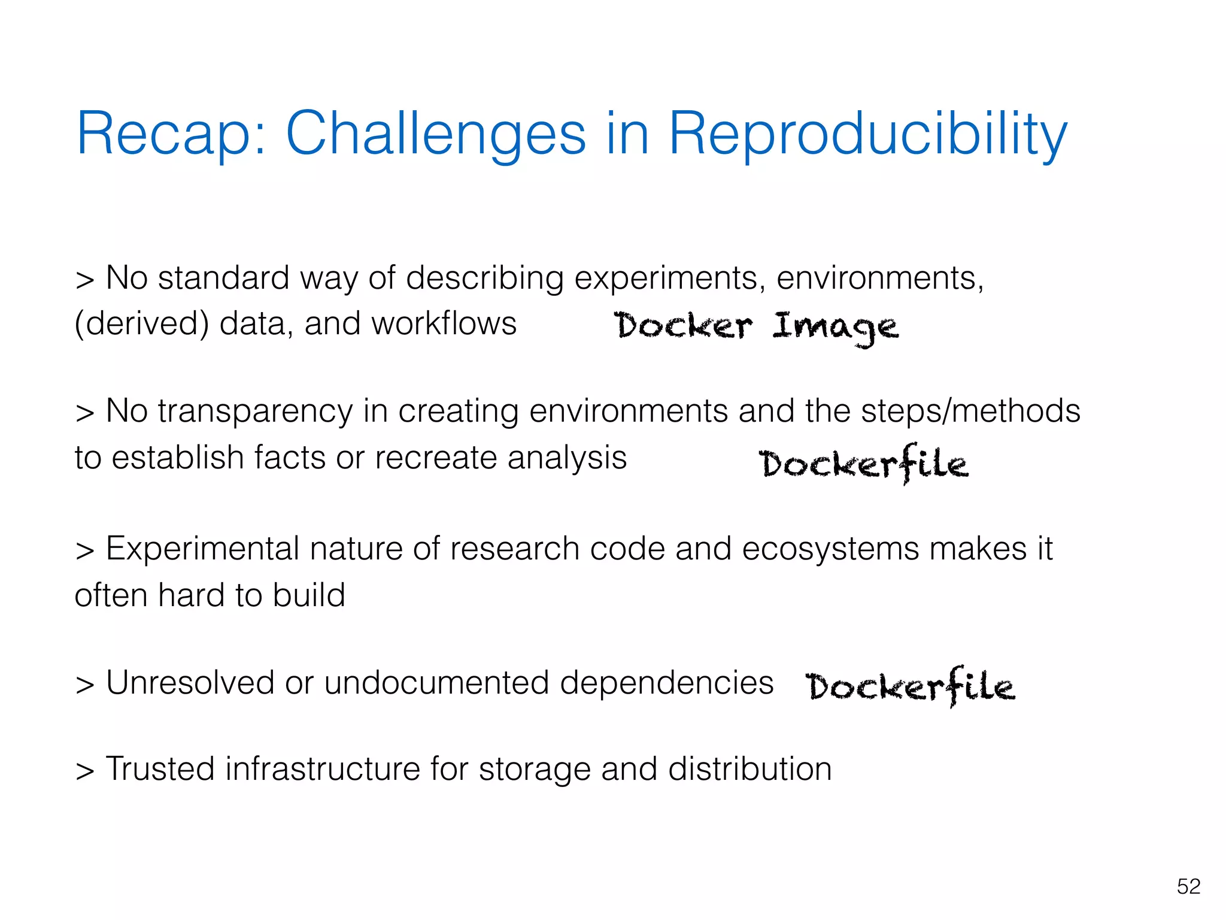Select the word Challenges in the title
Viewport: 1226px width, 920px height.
point(435,134)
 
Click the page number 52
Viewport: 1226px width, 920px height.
point(1188,886)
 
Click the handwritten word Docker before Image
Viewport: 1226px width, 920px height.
point(682,326)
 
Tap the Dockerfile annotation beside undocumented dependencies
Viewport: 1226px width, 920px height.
point(910,686)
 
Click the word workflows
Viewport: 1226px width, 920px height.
point(444,324)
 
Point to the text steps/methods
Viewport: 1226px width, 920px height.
point(970,411)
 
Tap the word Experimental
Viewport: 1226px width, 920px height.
point(202,549)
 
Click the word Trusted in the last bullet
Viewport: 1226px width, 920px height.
point(160,769)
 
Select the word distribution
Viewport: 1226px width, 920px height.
point(749,769)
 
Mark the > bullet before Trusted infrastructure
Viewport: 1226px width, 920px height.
point(85,771)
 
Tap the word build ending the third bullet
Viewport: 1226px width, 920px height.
point(309,595)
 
